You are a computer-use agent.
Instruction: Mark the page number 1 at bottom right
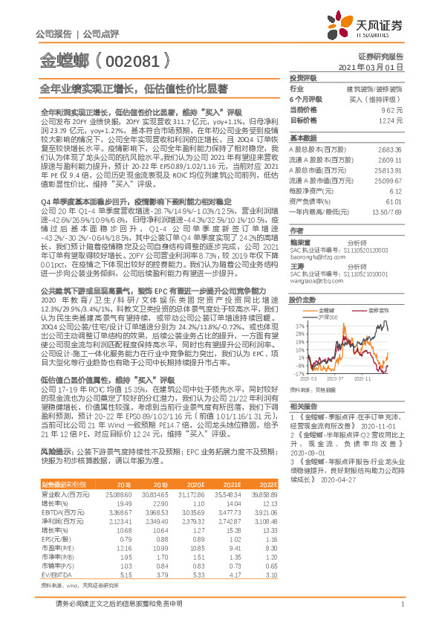coord(401,611)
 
